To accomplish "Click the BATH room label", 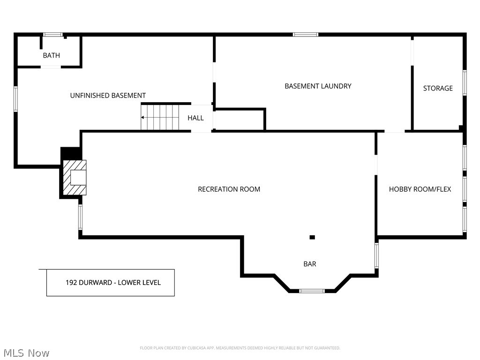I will [x=51, y=55].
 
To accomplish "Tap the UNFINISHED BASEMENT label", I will [x=108, y=96].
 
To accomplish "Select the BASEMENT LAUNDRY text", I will [x=318, y=86].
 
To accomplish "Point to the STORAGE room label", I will [x=438, y=88].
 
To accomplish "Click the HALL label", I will [x=195, y=118].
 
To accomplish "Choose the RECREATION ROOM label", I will [x=229, y=189].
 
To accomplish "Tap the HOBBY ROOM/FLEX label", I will [x=420, y=189].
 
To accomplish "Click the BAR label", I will [x=310, y=264].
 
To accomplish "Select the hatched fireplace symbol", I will [x=75, y=178].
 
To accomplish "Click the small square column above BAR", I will [x=312, y=237].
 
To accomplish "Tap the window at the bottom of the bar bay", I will [x=312, y=291].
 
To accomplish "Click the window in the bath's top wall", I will [x=53, y=35].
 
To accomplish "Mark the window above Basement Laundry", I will [x=306, y=35].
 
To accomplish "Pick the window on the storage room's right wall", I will [x=465, y=83].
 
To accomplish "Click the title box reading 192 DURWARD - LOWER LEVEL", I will [x=111, y=283].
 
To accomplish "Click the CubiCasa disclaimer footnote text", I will [x=240, y=348].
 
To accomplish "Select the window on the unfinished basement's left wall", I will [x=15, y=99].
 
